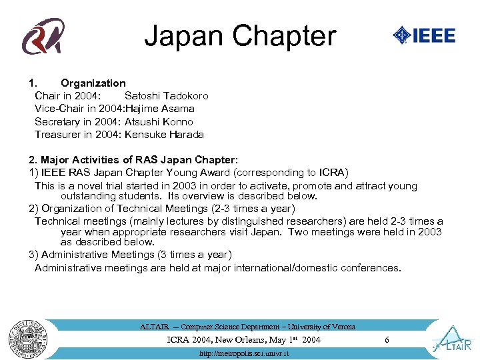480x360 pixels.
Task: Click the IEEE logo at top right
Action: [424, 35]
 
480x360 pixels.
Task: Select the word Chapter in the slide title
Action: [287, 36]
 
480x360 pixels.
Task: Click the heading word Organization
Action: [93, 83]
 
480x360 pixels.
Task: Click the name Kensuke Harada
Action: [164, 135]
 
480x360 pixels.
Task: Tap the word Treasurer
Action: [58, 135]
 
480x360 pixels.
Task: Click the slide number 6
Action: [387, 340]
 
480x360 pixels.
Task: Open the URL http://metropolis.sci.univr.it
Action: [244, 353]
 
